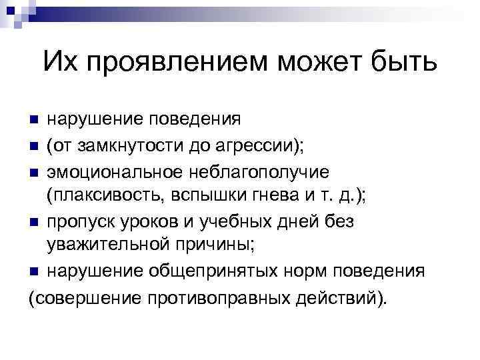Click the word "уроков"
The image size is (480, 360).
149,221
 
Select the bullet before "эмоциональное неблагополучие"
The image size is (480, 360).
33,172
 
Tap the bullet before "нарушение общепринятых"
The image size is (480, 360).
33,271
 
